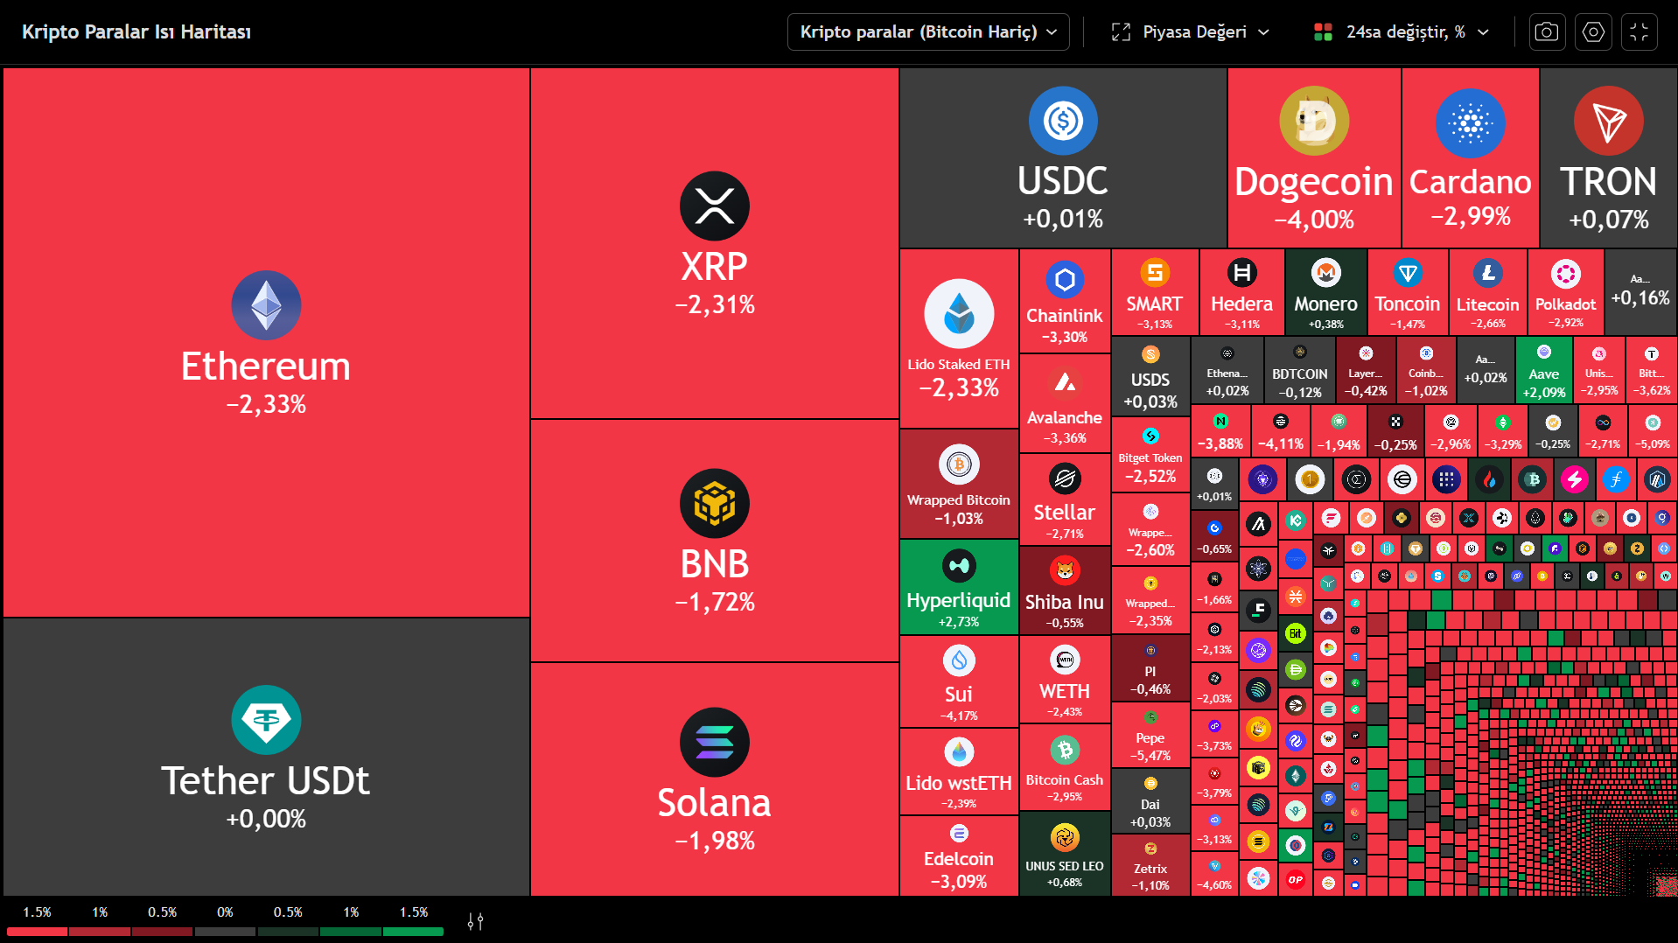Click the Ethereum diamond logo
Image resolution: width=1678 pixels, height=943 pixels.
pos(266,305)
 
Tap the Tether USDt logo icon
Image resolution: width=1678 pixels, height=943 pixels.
pos(266,720)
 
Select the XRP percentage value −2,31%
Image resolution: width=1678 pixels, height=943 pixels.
pos(714,304)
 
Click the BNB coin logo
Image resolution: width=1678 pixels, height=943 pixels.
pos(714,503)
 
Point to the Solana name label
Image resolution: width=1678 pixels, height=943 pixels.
pos(714,803)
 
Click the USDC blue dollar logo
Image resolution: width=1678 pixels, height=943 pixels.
pos(1063,121)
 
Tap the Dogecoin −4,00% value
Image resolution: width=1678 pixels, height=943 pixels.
pos(1314,219)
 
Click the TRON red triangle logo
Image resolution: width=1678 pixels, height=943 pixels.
pos(1608,121)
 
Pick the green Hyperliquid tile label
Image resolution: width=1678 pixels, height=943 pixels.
pos(958,600)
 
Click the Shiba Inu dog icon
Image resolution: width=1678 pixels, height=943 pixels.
pos(1065,571)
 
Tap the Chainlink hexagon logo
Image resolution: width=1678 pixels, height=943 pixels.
pos(1065,280)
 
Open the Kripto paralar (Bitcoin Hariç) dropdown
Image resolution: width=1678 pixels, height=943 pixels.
pos(928,32)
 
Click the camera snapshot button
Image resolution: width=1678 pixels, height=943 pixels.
pos(1547,32)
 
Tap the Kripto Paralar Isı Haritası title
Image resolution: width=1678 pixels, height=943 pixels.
pos(136,32)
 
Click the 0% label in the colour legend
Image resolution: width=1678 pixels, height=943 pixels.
pos(225,912)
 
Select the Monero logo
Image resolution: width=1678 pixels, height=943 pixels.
pos(1325,273)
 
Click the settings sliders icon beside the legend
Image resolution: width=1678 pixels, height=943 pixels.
pos(475,921)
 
